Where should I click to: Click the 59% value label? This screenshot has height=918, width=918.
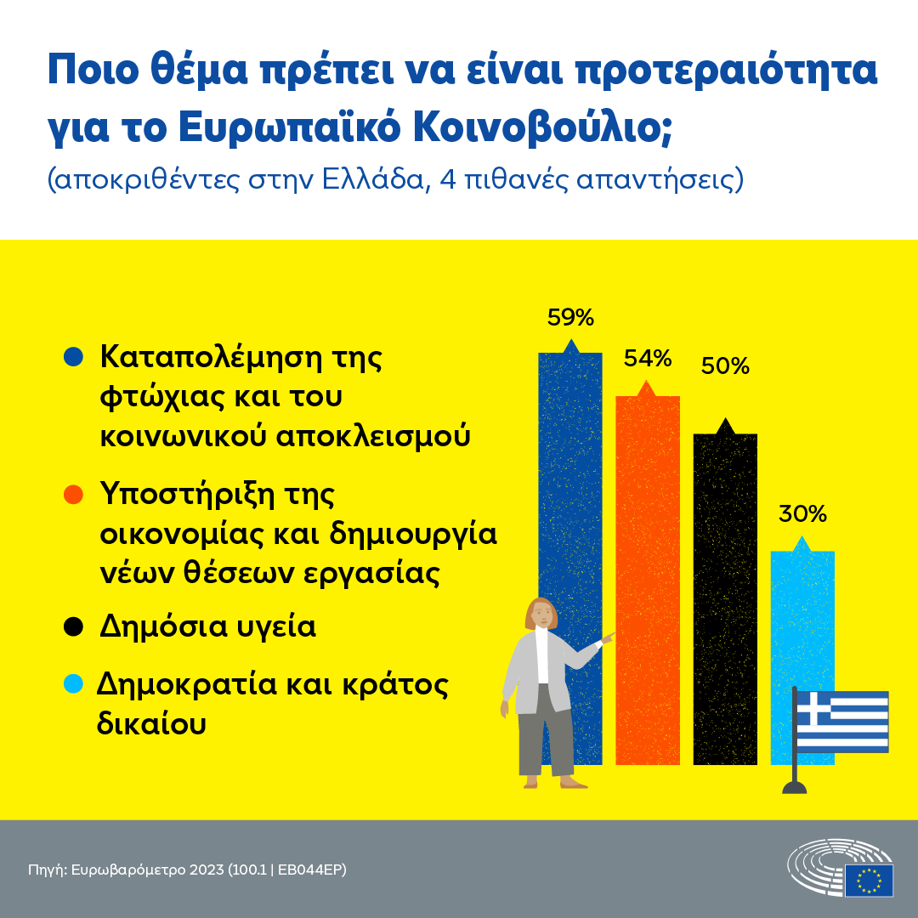(570, 318)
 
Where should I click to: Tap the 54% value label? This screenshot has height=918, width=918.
(648, 359)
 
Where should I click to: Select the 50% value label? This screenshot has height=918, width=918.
(725, 366)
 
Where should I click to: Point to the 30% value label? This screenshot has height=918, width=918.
(802, 514)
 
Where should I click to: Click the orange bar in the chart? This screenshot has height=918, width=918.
(648, 578)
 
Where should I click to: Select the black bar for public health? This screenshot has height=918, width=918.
(725, 595)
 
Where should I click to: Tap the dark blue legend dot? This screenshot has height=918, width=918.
(74, 356)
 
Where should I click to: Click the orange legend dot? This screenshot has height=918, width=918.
(74, 493)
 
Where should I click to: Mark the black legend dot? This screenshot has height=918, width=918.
(74, 627)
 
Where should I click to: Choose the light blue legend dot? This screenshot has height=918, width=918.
(74, 683)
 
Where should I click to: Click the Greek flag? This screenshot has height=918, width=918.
(841, 722)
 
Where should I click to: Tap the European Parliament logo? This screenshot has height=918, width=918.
(841, 869)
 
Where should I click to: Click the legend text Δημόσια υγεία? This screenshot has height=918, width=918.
(208, 627)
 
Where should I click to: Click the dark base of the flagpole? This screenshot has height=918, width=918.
(795, 787)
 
